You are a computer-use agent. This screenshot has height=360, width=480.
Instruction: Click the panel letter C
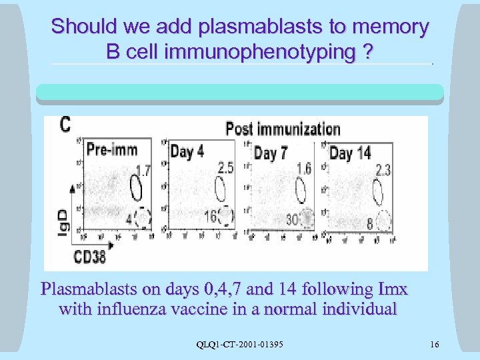pos(66,125)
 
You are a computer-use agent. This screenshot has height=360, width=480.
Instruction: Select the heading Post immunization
pos(283,129)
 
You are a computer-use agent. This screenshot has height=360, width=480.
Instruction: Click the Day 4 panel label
pos(187,151)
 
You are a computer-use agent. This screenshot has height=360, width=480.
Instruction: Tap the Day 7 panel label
pos(271,153)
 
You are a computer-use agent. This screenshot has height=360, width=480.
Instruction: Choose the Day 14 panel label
pos(350,153)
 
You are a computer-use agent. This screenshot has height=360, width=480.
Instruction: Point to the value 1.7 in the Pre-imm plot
pos(143,171)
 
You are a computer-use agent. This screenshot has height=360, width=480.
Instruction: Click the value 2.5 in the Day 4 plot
pos(225,168)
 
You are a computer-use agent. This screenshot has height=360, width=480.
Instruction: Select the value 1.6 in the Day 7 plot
pos(303,169)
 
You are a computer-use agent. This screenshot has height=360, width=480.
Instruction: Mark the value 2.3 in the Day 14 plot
pos(383,171)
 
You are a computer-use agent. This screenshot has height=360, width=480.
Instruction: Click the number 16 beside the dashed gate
pos(210,216)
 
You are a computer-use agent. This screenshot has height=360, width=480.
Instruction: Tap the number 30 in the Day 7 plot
pos(292,219)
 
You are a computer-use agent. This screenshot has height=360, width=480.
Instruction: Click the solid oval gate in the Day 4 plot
pos(220,189)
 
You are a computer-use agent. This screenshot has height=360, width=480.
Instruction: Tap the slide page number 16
pos(435,345)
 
